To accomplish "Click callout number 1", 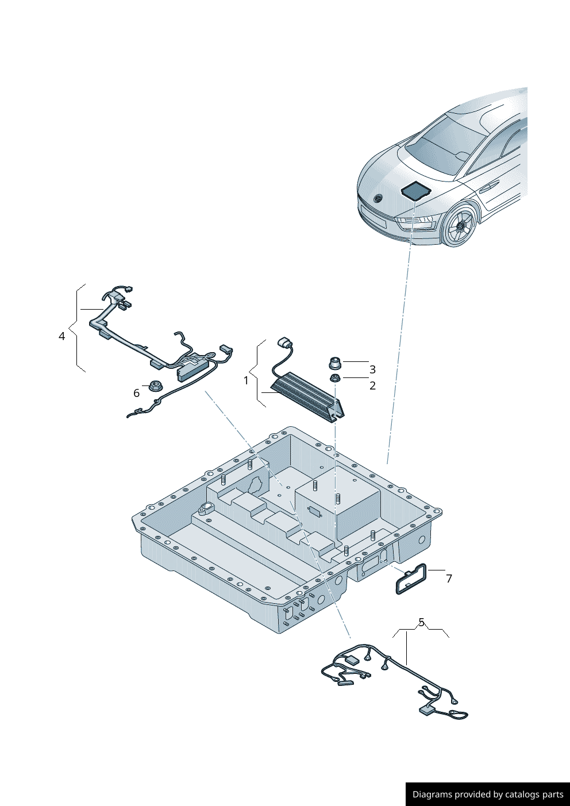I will (247, 380).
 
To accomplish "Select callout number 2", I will (372, 385).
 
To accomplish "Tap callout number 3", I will (372, 369).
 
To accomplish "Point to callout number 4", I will (62, 336).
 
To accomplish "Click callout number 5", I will (421, 622).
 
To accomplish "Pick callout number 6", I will (136, 393).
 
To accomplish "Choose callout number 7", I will (449, 579).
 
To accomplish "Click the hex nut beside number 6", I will (154, 386).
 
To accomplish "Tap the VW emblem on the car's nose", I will (378, 199).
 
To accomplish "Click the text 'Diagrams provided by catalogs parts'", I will (487, 794).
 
